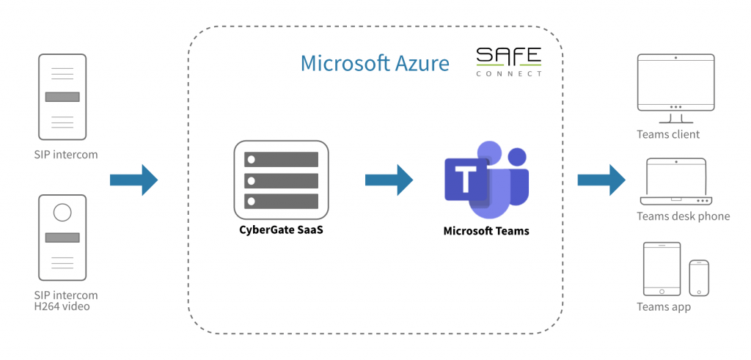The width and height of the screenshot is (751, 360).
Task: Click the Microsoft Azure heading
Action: [375, 63]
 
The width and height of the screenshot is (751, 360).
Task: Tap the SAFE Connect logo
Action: [509, 62]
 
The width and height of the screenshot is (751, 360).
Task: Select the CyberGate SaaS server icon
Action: [281, 180]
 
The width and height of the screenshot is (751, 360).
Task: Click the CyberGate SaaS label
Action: [281, 229]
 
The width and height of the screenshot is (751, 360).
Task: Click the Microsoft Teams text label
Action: [486, 231]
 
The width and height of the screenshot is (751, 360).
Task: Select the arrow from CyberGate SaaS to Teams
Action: [389, 180]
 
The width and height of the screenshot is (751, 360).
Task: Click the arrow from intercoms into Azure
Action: [133, 180]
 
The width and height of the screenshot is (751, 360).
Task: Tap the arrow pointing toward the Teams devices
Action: [601, 180]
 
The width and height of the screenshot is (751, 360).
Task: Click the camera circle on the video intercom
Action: [62, 213]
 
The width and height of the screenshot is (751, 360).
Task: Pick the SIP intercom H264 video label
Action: [65, 300]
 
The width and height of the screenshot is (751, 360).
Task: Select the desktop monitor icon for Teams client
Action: [675, 89]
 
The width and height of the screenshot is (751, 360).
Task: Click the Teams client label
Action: [667, 134]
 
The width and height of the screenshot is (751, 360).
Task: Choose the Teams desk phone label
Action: [683, 216]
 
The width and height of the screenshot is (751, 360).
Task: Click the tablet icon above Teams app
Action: [662, 269]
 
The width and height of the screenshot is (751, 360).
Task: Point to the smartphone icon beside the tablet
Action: [699, 278]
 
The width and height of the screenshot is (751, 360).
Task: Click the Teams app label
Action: [663, 307]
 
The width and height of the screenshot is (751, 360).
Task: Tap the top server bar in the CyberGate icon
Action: [281, 159]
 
